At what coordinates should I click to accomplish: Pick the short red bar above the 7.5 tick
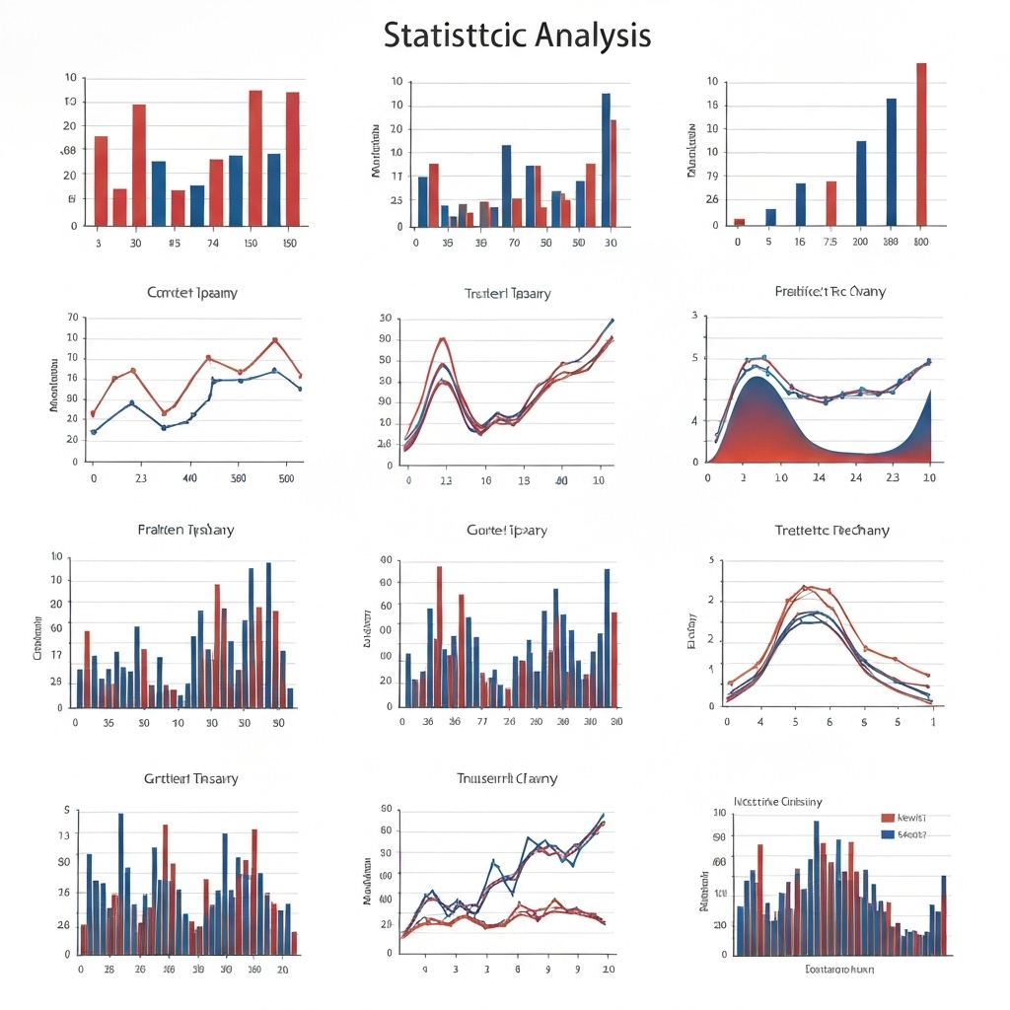click(x=830, y=203)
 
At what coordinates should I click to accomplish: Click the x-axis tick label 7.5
click(x=830, y=242)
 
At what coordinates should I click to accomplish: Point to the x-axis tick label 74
click(x=212, y=243)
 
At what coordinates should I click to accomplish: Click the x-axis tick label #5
click(x=174, y=243)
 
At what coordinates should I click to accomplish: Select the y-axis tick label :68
click(x=68, y=151)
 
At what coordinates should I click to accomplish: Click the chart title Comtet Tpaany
click(x=191, y=293)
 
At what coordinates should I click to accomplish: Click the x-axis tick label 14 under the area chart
click(x=819, y=477)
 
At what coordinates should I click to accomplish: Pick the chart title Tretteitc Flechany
click(x=831, y=531)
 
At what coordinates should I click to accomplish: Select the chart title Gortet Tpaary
click(x=506, y=531)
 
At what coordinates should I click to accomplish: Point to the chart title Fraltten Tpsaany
click(x=185, y=531)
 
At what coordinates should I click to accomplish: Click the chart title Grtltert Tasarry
click(x=190, y=779)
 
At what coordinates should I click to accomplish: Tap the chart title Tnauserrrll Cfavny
click(x=507, y=779)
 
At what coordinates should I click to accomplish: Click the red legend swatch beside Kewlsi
click(x=888, y=818)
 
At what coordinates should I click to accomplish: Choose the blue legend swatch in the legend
click(x=888, y=834)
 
